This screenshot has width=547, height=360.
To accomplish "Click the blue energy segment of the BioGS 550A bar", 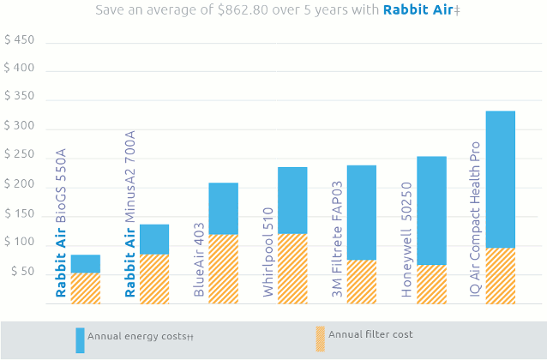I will coord(85,263).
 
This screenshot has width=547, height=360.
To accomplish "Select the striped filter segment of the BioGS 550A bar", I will coord(85,288).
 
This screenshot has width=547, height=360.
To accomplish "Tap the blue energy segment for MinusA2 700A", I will coord(154,238).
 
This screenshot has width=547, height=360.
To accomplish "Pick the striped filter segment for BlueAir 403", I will coord(223,268).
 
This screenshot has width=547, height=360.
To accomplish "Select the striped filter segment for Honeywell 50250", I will coord(431,284).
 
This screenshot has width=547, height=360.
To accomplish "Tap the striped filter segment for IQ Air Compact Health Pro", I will coord(500,275).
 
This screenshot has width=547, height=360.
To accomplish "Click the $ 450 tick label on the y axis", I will coord(20,40).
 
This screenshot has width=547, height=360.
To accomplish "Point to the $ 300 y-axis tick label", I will coord(20,127).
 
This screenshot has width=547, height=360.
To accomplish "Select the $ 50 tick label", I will coord(22,273).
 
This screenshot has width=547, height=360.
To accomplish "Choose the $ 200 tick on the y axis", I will coord(20,185).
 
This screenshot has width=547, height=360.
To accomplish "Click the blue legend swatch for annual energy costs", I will coord(80,340).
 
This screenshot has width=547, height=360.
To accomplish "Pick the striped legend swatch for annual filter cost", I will coord(320,339).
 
